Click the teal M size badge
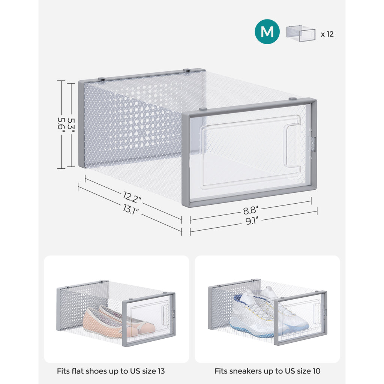pos(267,32)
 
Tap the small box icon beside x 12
pos(301,33)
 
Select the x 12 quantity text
pos(327,34)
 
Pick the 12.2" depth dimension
pos(132,197)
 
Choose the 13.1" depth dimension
pos(130,210)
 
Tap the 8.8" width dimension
pos(250,210)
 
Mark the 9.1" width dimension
pos(252,221)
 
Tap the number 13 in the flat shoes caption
pos(161,371)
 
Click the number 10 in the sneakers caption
pos(316,371)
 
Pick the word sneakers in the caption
pos(241,371)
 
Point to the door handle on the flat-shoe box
pos(165,315)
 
